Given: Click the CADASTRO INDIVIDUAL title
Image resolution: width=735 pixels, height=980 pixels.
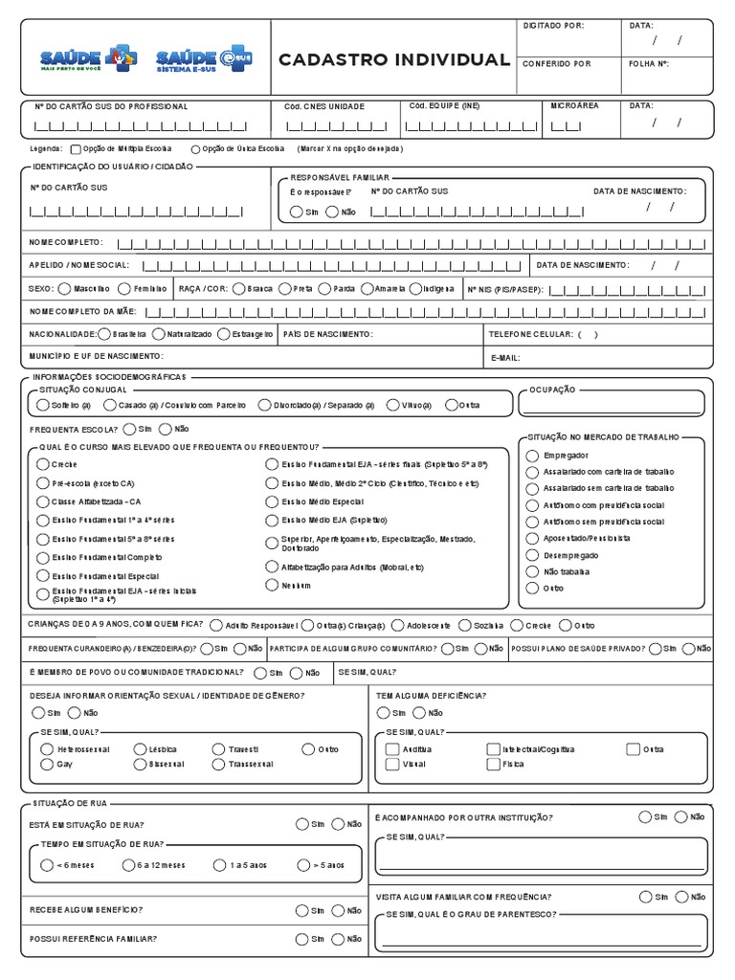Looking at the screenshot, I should tap(393, 60).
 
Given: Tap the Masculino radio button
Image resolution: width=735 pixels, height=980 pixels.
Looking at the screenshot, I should tap(64, 288).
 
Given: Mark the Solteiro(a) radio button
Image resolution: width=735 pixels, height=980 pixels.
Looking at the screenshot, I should tap(42, 405).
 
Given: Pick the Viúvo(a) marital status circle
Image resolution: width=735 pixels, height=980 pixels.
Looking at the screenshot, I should tap(393, 405).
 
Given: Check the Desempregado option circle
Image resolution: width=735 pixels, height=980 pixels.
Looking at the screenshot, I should tap(533, 554).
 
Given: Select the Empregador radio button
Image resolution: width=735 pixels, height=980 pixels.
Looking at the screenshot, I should tap(533, 455).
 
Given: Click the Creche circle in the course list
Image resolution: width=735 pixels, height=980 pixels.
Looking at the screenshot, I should tap(42, 464).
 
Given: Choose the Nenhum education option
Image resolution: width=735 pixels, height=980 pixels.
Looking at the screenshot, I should tap(272, 585).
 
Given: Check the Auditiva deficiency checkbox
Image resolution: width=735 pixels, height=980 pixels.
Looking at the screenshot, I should tap(392, 749).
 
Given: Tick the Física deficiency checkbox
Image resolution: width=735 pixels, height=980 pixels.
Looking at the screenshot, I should tap(493, 765).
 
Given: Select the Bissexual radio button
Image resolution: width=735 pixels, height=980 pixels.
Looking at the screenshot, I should tap(139, 765).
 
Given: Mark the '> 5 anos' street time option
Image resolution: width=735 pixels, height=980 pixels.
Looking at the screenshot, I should tap(303, 865).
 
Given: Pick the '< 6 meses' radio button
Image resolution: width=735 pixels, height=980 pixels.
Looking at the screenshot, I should tap(47, 865).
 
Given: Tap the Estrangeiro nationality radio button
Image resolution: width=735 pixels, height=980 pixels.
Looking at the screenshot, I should tap(224, 334).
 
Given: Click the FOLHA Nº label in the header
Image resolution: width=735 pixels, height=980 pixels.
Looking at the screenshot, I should tap(648, 63).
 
